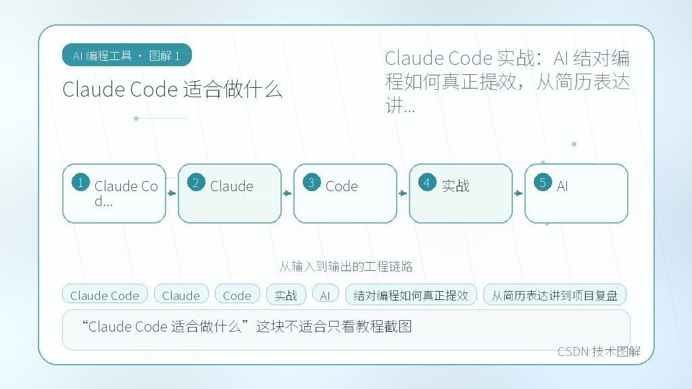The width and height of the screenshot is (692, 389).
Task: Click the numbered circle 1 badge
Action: (81, 182)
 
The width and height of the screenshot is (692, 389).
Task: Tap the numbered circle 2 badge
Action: (196, 182)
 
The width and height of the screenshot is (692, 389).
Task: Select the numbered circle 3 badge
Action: (312, 182)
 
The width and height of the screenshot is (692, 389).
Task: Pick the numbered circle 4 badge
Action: (427, 182)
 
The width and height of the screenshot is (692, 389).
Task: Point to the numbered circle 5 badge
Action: (543, 182)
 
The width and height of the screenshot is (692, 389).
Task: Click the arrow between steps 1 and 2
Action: (172, 193)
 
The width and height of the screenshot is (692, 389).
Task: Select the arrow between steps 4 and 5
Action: (518, 193)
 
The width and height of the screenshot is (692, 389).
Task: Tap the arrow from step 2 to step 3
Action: (287, 193)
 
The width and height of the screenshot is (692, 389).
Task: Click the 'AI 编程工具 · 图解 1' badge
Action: (127, 55)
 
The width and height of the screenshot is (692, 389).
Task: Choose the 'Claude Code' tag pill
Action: (105, 294)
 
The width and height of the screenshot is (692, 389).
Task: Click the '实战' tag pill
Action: (286, 294)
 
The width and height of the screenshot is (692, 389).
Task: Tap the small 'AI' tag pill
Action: (325, 294)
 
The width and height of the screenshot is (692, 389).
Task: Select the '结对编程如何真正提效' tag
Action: (411, 294)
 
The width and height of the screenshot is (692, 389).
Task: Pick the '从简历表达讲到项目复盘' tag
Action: (555, 294)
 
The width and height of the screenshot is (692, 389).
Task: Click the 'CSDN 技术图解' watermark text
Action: (599, 351)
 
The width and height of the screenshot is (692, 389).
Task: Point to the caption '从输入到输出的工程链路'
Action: (346, 266)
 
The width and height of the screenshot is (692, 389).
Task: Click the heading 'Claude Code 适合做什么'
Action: (172, 90)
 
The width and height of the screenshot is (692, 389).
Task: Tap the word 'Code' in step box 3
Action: (341, 186)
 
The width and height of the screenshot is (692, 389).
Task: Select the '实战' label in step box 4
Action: (455, 186)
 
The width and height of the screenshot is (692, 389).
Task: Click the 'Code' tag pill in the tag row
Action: (237, 294)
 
